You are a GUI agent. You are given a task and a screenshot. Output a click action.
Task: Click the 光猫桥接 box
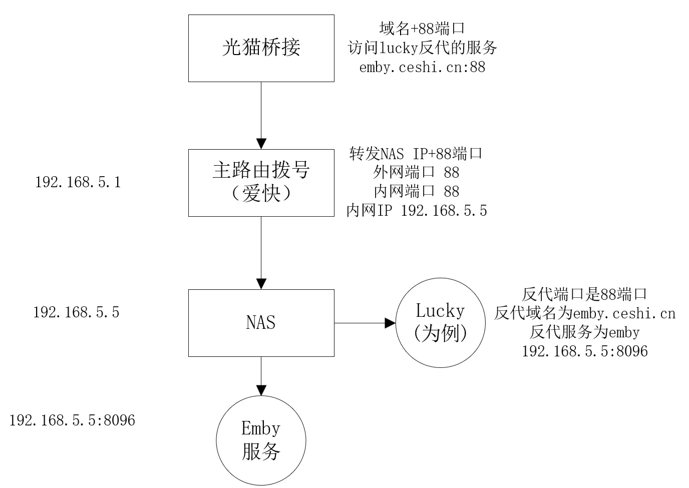(x=261, y=48)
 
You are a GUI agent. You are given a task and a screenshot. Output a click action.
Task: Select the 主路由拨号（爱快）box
(x=261, y=183)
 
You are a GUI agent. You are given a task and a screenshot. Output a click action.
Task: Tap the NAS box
(x=261, y=323)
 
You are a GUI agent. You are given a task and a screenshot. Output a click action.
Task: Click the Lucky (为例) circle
(x=440, y=323)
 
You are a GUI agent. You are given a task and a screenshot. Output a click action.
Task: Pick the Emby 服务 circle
(x=261, y=440)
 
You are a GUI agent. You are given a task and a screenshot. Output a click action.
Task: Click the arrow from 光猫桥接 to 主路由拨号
(x=261, y=115)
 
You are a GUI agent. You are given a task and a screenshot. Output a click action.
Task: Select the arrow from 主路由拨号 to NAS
(x=261, y=253)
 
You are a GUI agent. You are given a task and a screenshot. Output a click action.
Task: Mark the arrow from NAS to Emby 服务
(x=261, y=375)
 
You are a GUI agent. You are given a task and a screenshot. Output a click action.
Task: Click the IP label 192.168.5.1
(x=78, y=182)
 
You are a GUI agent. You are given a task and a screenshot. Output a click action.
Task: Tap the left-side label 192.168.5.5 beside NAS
(x=76, y=312)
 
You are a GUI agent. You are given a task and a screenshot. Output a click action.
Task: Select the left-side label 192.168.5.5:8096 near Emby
(x=72, y=420)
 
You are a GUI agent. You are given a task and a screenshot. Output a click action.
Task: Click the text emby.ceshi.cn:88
(x=422, y=67)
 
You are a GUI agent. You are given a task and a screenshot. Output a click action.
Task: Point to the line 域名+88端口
(x=422, y=29)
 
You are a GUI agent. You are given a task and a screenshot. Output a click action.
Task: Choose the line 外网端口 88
(x=416, y=173)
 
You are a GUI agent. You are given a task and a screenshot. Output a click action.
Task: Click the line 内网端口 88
(x=416, y=192)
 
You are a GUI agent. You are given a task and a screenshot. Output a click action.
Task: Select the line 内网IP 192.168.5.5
(x=416, y=211)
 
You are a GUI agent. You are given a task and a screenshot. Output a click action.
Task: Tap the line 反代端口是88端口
(x=584, y=294)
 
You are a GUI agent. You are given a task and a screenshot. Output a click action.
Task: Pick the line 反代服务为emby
(x=584, y=332)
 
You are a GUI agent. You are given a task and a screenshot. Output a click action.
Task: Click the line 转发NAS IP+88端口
(x=416, y=154)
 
